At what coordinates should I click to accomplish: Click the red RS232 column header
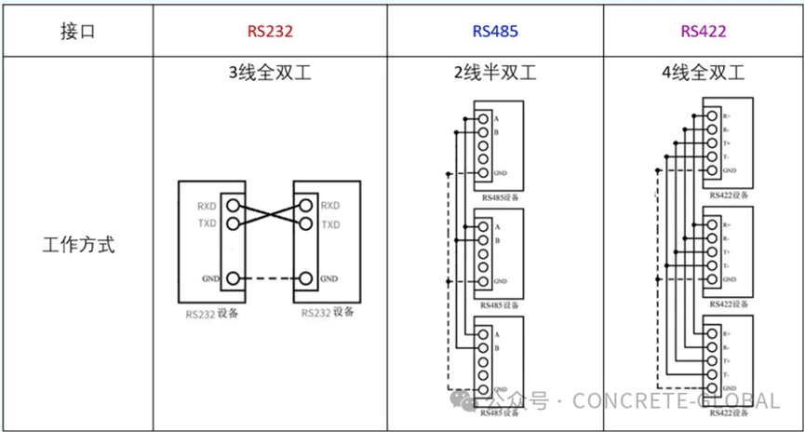[x=270, y=31]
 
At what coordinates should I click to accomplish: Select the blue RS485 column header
[x=495, y=31]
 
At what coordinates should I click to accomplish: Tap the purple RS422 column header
[x=704, y=31]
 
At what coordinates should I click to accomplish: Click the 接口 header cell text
[x=78, y=31]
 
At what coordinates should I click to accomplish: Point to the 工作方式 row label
[x=78, y=247]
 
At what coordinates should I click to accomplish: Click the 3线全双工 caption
[x=270, y=73]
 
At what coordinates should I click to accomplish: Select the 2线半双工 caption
[x=495, y=73]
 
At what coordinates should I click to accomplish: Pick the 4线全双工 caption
[x=704, y=73]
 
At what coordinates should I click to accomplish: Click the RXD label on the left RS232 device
[x=207, y=206]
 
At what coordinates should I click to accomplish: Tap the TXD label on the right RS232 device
[x=329, y=224]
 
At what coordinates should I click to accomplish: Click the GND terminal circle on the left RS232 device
[x=233, y=278]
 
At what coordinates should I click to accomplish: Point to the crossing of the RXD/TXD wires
[x=268, y=215]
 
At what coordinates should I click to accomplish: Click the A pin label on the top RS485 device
[x=497, y=119]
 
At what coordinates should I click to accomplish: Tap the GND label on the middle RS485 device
[x=500, y=281]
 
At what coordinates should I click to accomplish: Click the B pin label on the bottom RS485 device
[x=497, y=349]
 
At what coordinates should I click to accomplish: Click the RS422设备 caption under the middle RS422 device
[x=729, y=304]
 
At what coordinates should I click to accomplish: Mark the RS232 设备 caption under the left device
[x=212, y=314]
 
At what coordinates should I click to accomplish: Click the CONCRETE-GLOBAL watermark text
[x=676, y=401]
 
